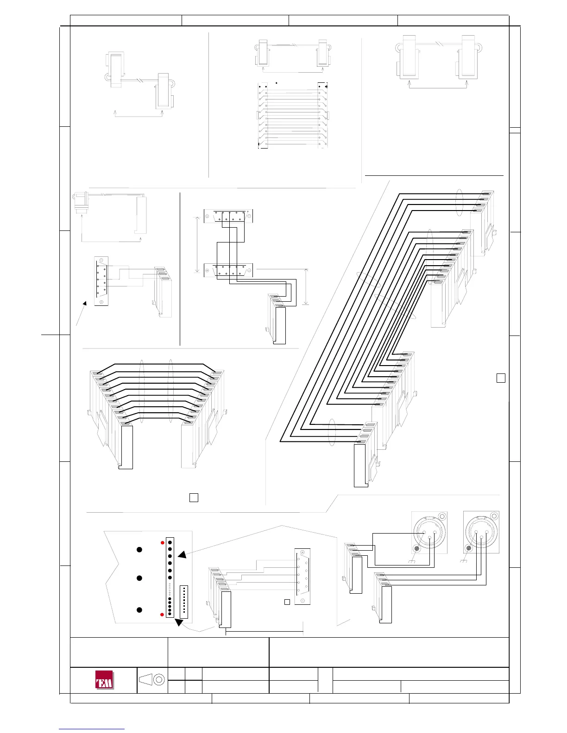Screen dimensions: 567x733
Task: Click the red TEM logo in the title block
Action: coord(104,680)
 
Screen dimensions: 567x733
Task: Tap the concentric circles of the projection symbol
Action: coord(159,679)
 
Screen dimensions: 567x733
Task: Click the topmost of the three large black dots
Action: coord(139,549)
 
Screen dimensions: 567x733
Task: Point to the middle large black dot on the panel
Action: coord(139,578)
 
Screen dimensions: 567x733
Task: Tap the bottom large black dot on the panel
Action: coord(139,610)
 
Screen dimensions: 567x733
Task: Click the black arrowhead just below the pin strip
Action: coord(178,623)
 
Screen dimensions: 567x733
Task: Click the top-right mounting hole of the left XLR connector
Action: coord(443,516)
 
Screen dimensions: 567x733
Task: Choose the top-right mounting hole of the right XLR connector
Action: coord(495,516)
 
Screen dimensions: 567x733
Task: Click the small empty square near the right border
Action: coord(500,378)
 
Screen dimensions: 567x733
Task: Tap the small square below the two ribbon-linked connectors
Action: coord(194,497)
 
